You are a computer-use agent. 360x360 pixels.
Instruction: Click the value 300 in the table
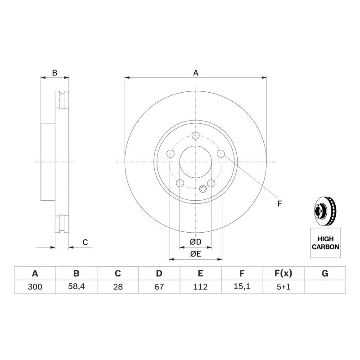(35, 287)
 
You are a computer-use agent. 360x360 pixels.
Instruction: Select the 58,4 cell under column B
(76, 287)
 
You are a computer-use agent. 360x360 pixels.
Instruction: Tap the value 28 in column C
(118, 287)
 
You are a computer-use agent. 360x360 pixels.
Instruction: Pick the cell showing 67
(159, 287)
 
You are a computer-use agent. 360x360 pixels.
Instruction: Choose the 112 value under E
(200, 287)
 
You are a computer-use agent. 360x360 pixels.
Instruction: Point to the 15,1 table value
(242, 287)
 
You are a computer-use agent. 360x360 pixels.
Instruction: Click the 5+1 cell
(283, 287)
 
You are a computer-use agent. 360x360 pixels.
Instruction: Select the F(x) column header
(283, 273)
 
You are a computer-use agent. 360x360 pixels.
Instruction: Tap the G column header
(325, 273)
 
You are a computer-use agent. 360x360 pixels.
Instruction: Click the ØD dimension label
(196, 242)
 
